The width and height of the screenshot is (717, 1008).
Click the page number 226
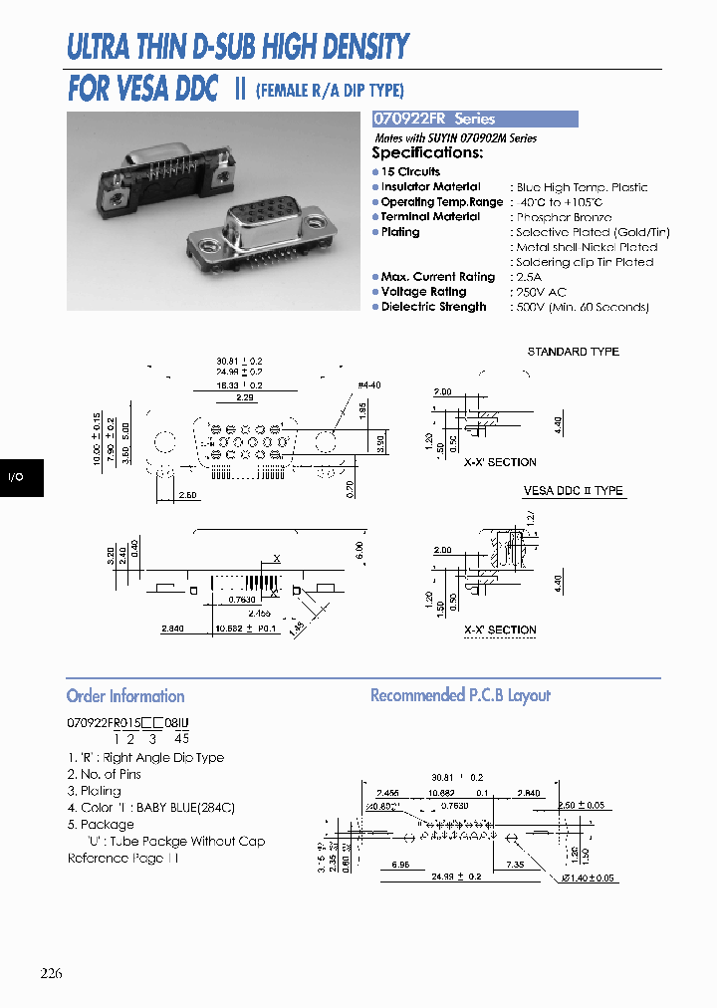52,973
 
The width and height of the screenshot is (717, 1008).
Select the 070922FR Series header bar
474,119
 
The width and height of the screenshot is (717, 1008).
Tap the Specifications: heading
427,153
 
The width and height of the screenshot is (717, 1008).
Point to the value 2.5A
529,277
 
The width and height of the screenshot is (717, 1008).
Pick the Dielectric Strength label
433,307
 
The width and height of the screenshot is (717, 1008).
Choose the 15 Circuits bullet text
410,171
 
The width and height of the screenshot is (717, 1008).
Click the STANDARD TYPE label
573,352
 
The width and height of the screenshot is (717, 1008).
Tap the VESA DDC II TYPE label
573,491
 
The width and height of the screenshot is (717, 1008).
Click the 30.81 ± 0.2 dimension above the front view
239,362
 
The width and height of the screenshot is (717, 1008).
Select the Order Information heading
125,696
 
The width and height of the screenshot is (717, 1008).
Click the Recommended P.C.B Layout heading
460,695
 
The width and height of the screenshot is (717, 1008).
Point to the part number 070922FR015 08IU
127,722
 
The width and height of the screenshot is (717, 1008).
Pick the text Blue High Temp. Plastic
582,187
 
